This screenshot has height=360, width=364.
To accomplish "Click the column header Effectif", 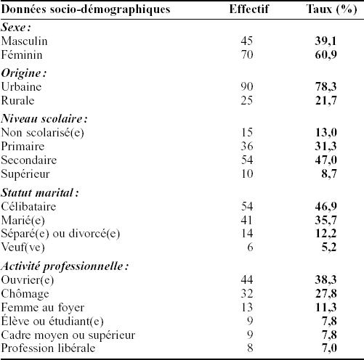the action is (x=249, y=9).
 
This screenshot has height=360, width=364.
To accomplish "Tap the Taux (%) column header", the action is (x=331, y=9).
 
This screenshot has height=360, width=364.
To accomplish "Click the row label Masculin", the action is (x=24, y=41).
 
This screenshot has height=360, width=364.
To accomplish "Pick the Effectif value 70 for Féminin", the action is (x=247, y=54).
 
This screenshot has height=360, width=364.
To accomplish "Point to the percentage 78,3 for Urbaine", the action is (x=325, y=86).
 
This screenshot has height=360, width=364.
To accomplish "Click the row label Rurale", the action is (x=17, y=100).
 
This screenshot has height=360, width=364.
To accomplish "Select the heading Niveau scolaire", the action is (x=44, y=118).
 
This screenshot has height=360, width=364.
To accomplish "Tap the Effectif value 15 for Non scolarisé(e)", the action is (x=247, y=132).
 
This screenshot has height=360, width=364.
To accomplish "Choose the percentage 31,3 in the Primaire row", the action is (x=325, y=146).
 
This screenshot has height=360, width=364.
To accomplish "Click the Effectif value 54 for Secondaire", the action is (x=247, y=160).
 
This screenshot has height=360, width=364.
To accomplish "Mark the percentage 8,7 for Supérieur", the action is (x=329, y=173).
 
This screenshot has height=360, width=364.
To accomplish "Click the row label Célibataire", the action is (x=28, y=206).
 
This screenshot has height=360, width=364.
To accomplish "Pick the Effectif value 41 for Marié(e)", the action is (x=247, y=220).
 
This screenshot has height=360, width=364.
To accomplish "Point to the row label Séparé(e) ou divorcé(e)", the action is (x=60, y=234).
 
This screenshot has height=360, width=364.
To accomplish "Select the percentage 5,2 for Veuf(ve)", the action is (x=329, y=247).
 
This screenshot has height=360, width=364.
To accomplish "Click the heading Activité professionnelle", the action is (x=65, y=266).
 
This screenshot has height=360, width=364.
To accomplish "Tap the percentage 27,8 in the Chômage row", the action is (x=325, y=293).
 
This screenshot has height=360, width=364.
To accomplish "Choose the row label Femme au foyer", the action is (x=43, y=308).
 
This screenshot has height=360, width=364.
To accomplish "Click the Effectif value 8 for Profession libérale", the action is (x=250, y=348).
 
